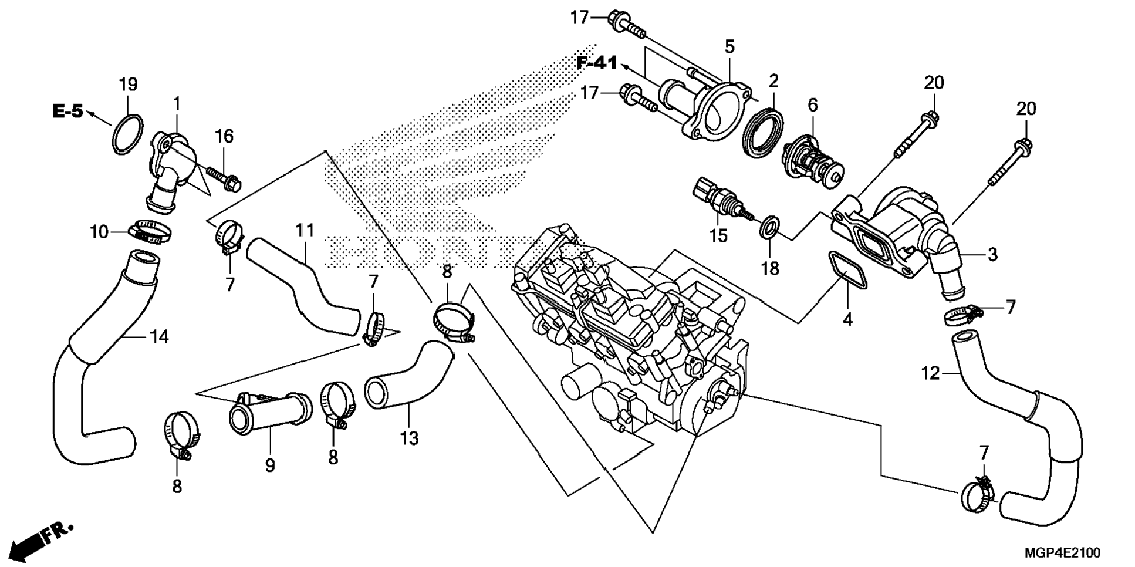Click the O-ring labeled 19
click(x=127, y=134)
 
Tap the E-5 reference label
click(x=68, y=111)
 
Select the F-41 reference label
click(x=597, y=63)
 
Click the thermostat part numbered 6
click(x=812, y=161)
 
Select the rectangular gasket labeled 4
click(x=847, y=271)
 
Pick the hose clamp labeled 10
click(x=149, y=232)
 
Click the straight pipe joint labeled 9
click(x=270, y=413)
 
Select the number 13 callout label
click(x=410, y=438)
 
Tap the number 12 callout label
click(x=930, y=373)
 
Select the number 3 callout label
click(x=992, y=255)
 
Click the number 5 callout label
click(x=729, y=46)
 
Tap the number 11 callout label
click(x=305, y=230)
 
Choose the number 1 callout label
click(x=176, y=104)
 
